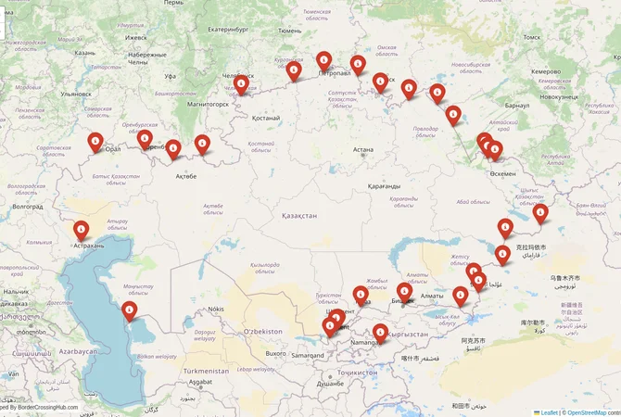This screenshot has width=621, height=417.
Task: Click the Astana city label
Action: point(362,149)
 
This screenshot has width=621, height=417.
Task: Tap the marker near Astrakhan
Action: point(82,229)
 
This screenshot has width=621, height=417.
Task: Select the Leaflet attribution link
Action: point(548,411)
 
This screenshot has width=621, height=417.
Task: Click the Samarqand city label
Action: point(306,354)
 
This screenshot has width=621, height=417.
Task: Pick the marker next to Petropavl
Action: point(323,61)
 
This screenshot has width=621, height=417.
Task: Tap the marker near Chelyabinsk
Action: point(241,85)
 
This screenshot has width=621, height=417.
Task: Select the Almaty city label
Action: point(432,296)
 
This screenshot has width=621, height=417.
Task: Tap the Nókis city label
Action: point(215,309)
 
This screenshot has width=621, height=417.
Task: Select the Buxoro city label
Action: point(275,353)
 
